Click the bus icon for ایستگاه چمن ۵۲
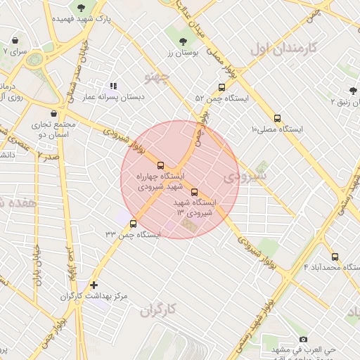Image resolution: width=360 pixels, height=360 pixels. point(222,88)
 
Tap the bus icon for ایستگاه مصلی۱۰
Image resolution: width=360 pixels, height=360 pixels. point(277,118)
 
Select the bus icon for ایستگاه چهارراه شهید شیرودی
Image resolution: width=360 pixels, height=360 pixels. point(161,165)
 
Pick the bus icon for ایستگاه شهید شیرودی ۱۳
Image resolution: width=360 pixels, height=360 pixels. point(195,192)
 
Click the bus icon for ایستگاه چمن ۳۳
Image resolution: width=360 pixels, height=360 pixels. point(133,224)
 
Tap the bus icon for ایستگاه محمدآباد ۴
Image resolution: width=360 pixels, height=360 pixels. point(335,257)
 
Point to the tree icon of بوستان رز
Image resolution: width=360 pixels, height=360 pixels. point(184,41)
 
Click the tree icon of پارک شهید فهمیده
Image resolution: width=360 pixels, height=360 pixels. point(82,8)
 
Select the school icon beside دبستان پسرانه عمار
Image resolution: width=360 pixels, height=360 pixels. point(113,86)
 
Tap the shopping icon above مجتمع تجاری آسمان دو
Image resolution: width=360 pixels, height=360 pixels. point(54,112)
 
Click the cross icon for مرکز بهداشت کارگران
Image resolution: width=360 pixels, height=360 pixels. point(94,285)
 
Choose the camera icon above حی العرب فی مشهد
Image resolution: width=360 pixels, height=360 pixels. point(303,339)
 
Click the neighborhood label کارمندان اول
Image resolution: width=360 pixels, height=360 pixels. point(279,50)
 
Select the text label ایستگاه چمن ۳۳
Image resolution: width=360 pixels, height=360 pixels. point(133,234)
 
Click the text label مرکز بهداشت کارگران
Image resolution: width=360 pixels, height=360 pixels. point(95,297)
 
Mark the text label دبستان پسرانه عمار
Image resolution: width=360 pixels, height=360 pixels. point(114,97)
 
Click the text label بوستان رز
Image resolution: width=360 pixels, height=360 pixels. point(184,53)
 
